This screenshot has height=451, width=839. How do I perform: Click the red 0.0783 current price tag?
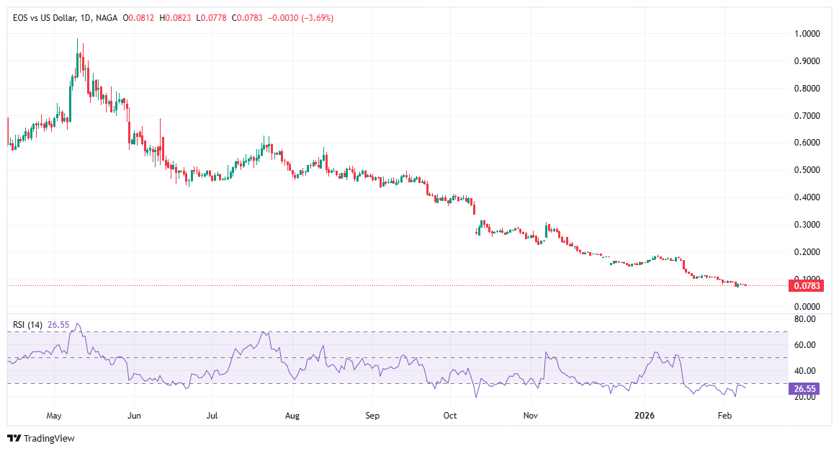coord(807,286)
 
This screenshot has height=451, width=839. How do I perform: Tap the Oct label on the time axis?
coord(450,416)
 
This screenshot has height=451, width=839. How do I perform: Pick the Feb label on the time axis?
coord(725,416)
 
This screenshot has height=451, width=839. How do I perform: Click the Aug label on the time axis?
coord(292,416)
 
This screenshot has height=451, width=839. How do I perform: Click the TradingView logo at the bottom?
coord(41,438)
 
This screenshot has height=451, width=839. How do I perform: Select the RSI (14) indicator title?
coord(29,325)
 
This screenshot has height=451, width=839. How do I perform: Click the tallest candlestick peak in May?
coord(77,40)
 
